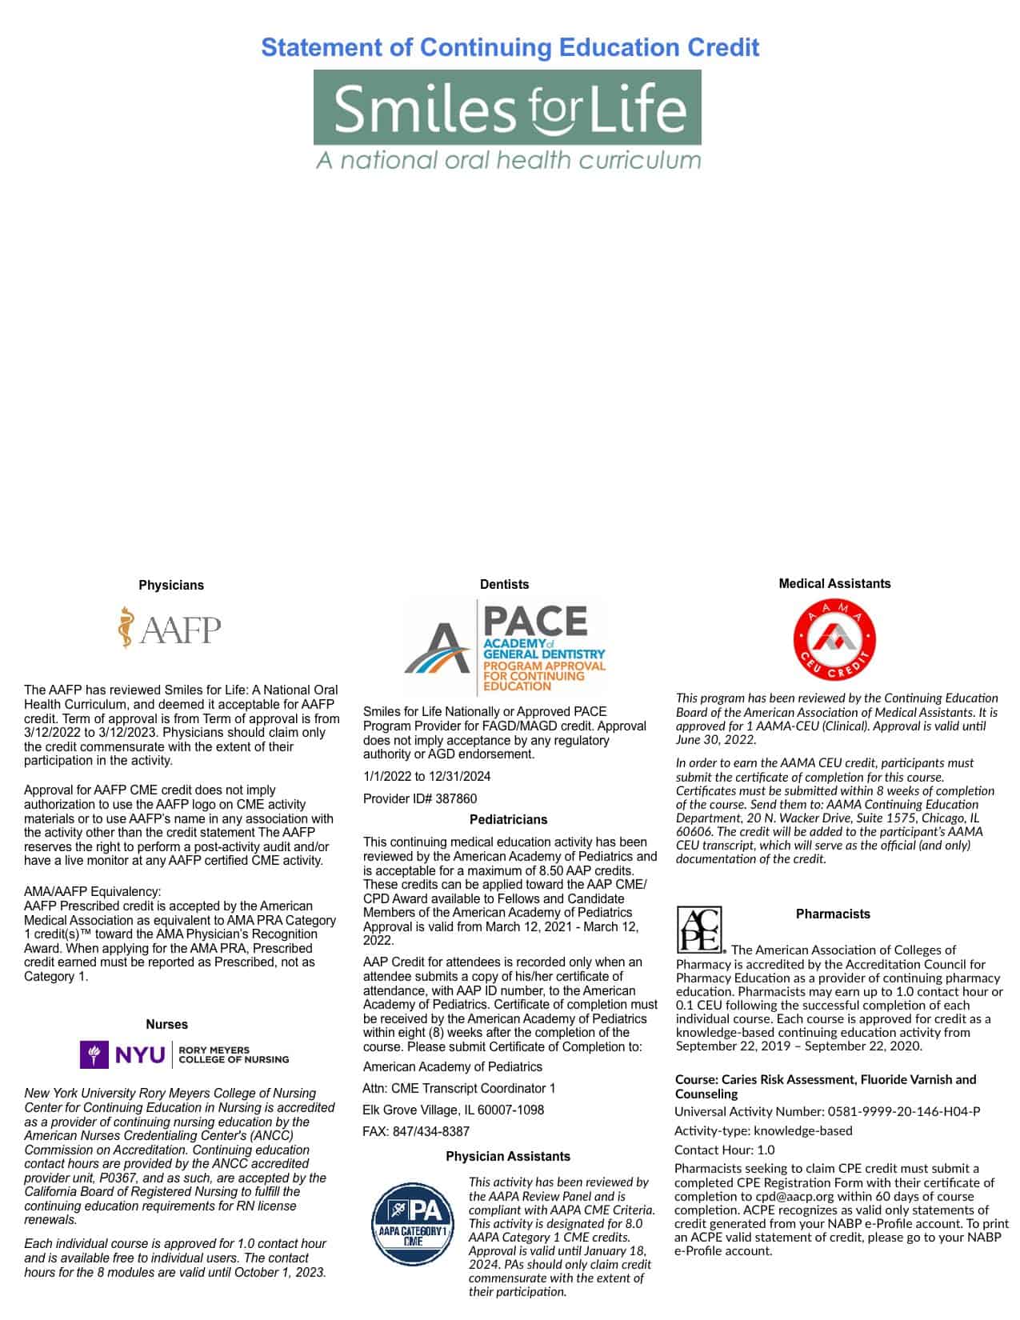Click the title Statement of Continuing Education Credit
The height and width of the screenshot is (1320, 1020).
click(x=510, y=48)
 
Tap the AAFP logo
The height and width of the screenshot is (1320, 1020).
click(x=170, y=628)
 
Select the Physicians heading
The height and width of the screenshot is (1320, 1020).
click(x=171, y=586)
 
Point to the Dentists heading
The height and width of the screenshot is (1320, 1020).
click(x=504, y=585)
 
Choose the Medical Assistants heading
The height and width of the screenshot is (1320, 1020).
click(x=834, y=584)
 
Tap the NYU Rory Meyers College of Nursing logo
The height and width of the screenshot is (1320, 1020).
click(x=185, y=1054)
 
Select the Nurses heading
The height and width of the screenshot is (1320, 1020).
click(x=166, y=1025)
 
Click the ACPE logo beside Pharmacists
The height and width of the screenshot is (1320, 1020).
click(x=699, y=929)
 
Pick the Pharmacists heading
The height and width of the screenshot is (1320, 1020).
click(x=833, y=914)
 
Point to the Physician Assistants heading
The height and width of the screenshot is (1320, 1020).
click(x=508, y=1157)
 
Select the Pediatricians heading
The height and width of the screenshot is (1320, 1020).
click(x=508, y=820)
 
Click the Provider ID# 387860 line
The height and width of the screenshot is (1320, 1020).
click(x=420, y=799)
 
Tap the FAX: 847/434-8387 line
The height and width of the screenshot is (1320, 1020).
click(x=416, y=1132)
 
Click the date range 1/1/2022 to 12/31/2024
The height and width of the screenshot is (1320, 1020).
click(x=427, y=777)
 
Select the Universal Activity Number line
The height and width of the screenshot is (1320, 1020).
click(x=827, y=1111)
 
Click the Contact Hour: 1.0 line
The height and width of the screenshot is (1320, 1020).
click(x=725, y=1150)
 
